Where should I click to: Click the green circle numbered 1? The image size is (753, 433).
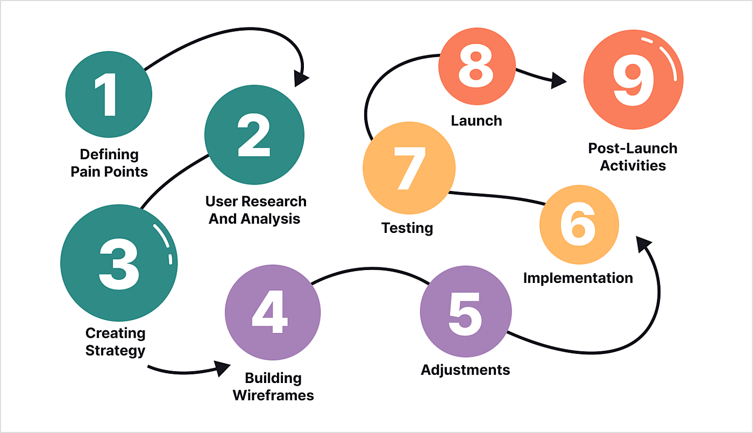tap(109, 95)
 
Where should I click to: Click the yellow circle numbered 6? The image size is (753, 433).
tap(579, 225)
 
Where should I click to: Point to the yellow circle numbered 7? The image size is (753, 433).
tap(409, 167)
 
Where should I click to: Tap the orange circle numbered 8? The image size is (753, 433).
tap(477, 68)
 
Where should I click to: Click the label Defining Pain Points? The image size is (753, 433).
tap(109, 163)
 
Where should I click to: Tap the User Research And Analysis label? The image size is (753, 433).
tap(255, 210)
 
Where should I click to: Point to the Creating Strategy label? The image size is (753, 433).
tap(116, 342)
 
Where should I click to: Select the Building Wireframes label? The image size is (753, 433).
tap(273, 386)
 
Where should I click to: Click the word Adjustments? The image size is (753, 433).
tap(465, 370)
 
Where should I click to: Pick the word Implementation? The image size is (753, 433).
tap(578, 278)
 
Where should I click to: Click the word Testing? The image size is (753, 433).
tap(407, 228)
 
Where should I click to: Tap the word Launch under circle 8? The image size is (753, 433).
tap(477, 120)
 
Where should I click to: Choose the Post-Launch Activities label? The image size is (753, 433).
tap(633, 157)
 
